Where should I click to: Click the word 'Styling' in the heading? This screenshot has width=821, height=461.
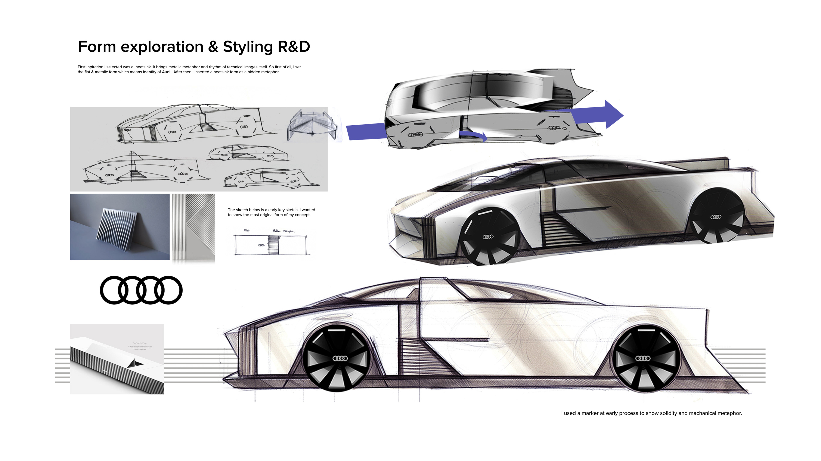pos(248,47)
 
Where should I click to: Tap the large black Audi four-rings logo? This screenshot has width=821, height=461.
pos(141,290)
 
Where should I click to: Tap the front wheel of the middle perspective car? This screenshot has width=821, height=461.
pos(488,236)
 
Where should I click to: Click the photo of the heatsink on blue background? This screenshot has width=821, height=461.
pos(120,227)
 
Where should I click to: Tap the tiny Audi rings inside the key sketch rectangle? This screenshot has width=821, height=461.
pos(261,245)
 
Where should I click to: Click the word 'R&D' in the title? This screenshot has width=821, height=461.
pos(294,47)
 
